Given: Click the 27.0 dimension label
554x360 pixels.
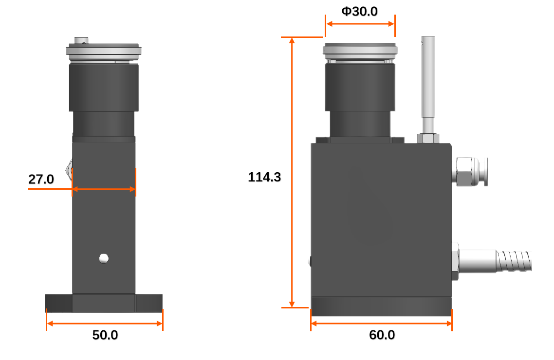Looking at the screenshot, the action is [x=41, y=180].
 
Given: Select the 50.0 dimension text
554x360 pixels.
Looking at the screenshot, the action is [x=105, y=335].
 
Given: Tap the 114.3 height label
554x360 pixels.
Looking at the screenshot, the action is [x=264, y=177].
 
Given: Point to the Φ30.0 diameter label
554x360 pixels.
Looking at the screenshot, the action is [x=359, y=11].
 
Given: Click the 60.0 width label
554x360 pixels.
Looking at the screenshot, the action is [x=382, y=335].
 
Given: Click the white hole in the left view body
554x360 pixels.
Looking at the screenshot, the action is [x=104, y=258].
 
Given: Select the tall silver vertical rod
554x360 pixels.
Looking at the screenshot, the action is [x=428, y=85].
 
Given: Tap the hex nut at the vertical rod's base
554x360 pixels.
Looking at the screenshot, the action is [x=428, y=138].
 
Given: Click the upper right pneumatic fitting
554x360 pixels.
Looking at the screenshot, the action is [x=470, y=172].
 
